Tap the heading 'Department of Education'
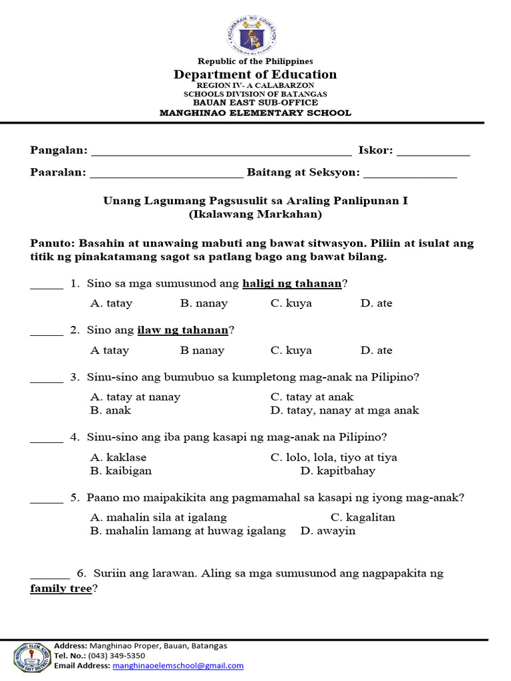point(255,74)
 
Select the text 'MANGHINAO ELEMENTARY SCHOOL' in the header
point(255,113)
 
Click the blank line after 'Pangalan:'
point(221,152)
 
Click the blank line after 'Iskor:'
point(433,152)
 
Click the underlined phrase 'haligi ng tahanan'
point(292,284)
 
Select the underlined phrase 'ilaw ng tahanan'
point(183,330)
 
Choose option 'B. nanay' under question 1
point(204,303)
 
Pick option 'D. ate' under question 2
point(377,350)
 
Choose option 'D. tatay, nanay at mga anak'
point(345,410)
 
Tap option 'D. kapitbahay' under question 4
point(338,471)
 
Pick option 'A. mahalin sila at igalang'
point(158,517)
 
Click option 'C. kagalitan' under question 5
point(363,517)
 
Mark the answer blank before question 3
point(47,378)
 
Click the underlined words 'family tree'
point(61,589)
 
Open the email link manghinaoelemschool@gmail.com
point(178,666)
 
